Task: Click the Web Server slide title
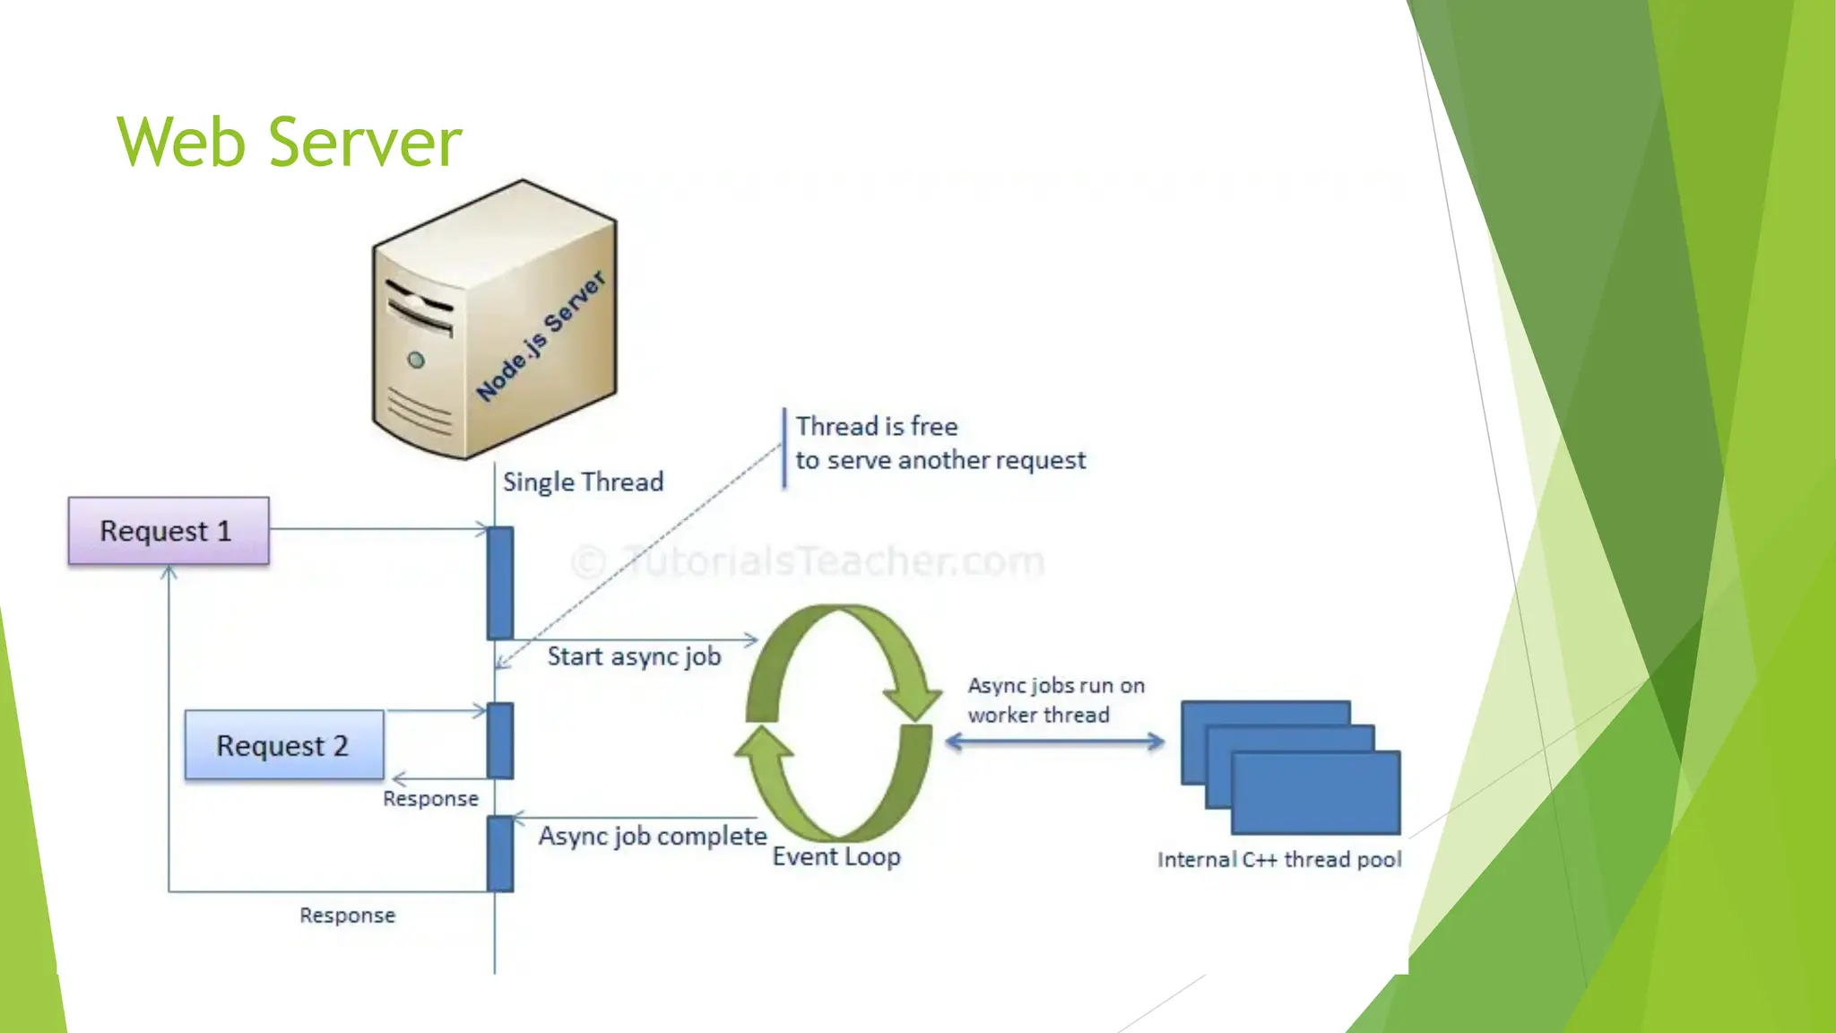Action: pyautogui.click(x=289, y=142)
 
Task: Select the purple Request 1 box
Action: pyautogui.click(x=169, y=531)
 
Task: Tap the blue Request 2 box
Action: pyautogui.click(x=283, y=745)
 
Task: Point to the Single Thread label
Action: pyautogui.click(x=583, y=482)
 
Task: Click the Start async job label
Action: pyautogui.click(x=634, y=656)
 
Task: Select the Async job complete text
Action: pyautogui.click(x=652, y=837)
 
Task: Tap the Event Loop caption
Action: pyautogui.click(x=836, y=856)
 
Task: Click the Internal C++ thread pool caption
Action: pyautogui.click(x=1279, y=860)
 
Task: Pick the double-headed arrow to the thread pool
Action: pyautogui.click(x=1055, y=742)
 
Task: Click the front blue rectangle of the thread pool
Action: pyautogui.click(x=1316, y=794)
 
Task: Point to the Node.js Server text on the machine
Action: pyautogui.click(x=541, y=336)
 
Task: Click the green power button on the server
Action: pyautogui.click(x=416, y=360)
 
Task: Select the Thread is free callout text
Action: pyautogui.click(x=940, y=443)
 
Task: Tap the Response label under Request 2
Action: pyautogui.click(x=430, y=799)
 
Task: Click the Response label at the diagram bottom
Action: pyautogui.click(x=347, y=916)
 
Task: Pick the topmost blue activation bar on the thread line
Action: pyautogui.click(x=500, y=583)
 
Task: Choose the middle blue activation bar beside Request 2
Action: pyautogui.click(x=500, y=741)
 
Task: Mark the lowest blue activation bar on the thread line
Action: pyautogui.click(x=500, y=854)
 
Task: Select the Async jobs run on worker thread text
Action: pyautogui.click(x=1055, y=700)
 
